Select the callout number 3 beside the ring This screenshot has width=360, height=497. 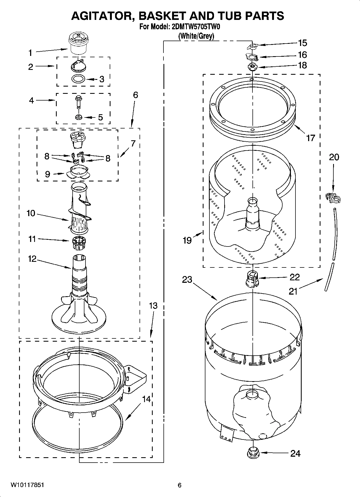(102, 79)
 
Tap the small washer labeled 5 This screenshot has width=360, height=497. (79, 117)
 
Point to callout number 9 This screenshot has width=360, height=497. (47, 174)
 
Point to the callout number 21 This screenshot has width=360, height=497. (293, 291)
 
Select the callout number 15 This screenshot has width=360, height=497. (302, 43)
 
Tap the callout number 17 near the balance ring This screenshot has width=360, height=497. (311, 138)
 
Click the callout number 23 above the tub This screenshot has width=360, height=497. (187, 280)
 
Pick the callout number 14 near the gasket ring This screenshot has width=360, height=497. (146, 399)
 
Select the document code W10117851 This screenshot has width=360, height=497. (27, 485)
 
